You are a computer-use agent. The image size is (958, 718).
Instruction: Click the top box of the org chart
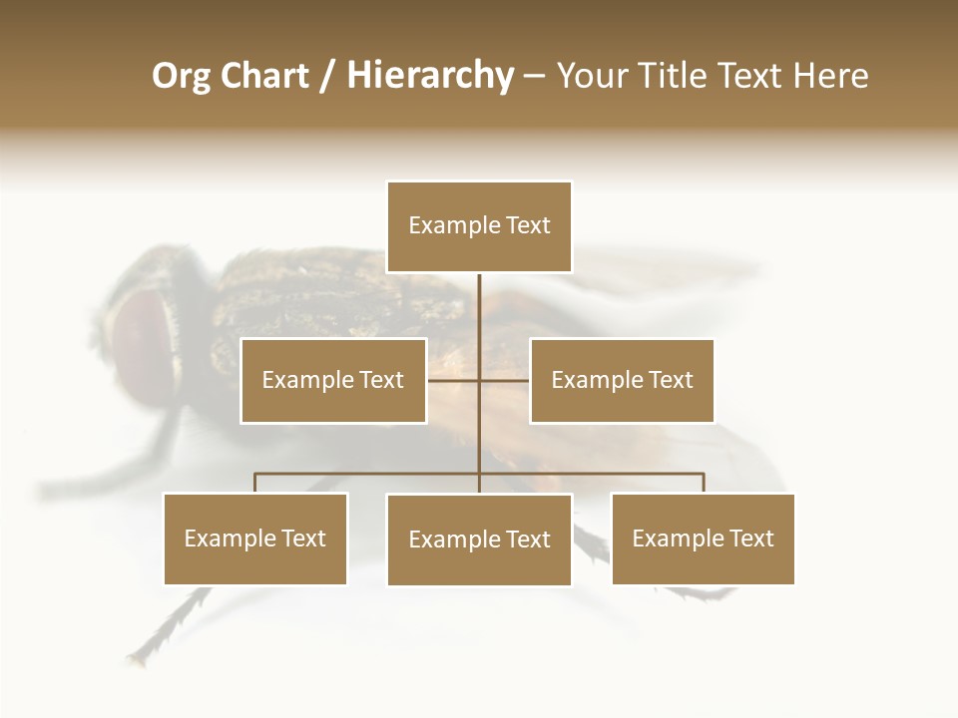[x=479, y=226]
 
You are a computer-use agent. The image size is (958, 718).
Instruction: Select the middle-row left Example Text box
[x=333, y=380]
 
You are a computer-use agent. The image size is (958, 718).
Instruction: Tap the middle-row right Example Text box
[x=622, y=380]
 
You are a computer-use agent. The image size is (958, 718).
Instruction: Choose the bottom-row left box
[x=255, y=538]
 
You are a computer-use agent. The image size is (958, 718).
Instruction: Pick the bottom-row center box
[x=479, y=539]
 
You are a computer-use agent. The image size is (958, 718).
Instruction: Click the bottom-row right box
[x=703, y=538]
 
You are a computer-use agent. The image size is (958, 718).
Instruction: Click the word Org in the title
[x=181, y=76]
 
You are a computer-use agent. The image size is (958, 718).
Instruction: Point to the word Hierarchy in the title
[x=429, y=76]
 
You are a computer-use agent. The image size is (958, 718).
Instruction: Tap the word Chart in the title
[x=264, y=76]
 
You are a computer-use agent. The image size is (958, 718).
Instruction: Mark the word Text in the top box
[x=528, y=225]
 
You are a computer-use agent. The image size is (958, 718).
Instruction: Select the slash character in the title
[x=326, y=76]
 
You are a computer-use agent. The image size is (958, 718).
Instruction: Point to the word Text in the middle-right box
[x=671, y=380]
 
